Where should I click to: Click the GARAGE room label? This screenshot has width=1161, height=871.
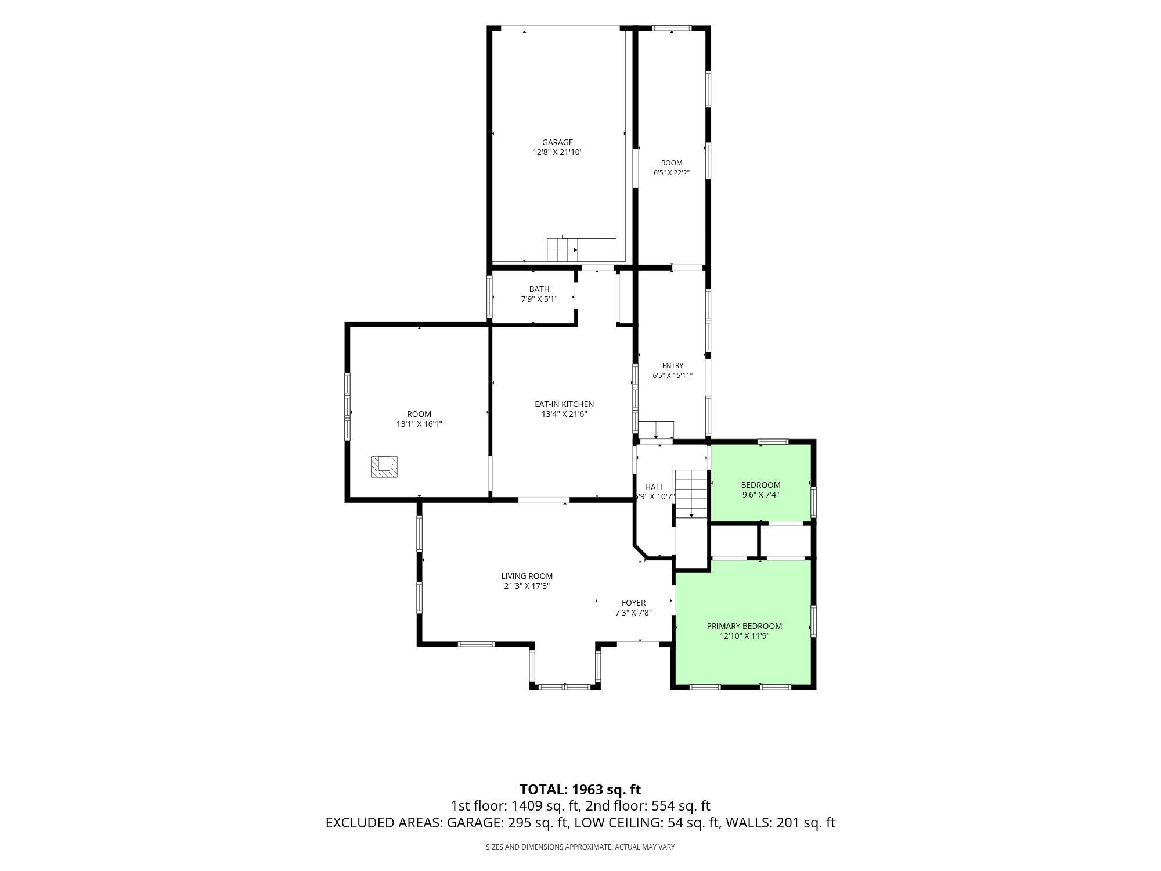pyautogui.click(x=557, y=142)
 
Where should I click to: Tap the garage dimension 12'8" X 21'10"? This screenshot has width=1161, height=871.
pyautogui.click(x=557, y=153)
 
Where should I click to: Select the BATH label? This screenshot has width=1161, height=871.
pyautogui.click(x=539, y=289)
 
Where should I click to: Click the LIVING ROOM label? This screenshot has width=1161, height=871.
pyautogui.click(x=527, y=576)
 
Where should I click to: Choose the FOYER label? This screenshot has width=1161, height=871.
pyautogui.click(x=634, y=603)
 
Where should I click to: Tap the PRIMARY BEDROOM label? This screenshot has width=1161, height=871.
pyautogui.click(x=744, y=626)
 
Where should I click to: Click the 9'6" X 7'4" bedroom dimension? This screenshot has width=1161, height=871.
pyautogui.click(x=760, y=495)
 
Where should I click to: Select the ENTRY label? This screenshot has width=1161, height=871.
pyautogui.click(x=673, y=366)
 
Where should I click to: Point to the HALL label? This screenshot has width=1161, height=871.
pyautogui.click(x=654, y=487)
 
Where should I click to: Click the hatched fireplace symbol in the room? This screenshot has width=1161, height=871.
pyautogui.click(x=385, y=467)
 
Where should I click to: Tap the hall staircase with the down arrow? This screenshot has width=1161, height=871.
pyautogui.click(x=691, y=494)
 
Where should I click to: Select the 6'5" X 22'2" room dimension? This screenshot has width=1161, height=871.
pyautogui.click(x=672, y=173)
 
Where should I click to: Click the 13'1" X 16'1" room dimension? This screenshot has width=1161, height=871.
pyautogui.click(x=419, y=424)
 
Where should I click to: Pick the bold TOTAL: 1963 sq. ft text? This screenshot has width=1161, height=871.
pyautogui.click(x=580, y=790)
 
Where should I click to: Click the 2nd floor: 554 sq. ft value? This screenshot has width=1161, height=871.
pyautogui.click(x=648, y=806)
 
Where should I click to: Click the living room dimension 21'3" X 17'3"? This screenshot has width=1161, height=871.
pyautogui.click(x=527, y=586)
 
